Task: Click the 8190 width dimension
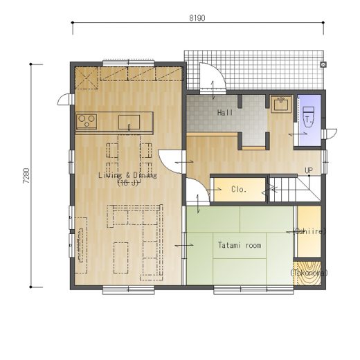click(197, 18)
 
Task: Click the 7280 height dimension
click(26, 176)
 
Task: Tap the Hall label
click(225, 113)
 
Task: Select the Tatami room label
click(240, 245)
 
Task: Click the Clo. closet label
click(239, 190)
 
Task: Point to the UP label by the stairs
click(309, 170)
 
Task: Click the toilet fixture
click(308, 117)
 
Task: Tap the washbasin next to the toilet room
click(281, 105)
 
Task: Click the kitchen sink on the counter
click(129, 123)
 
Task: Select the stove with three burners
click(87, 121)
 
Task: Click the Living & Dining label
click(127, 175)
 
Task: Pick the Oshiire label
click(309, 231)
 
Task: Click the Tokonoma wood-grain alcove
click(308, 273)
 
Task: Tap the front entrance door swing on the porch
click(213, 77)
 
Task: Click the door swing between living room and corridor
click(171, 161)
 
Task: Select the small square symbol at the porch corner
click(323, 64)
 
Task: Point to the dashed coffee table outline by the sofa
click(121, 258)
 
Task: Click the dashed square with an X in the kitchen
click(87, 78)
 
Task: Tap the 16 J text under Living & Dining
click(128, 183)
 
